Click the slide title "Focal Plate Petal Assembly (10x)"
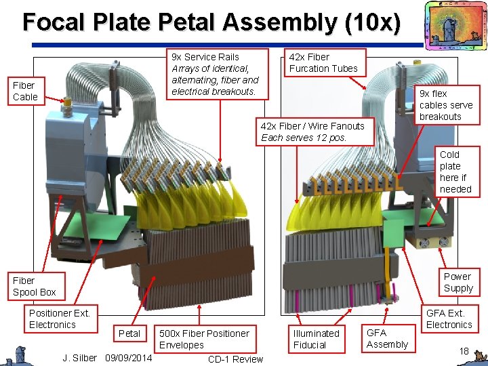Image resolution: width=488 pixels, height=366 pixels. point(211,22)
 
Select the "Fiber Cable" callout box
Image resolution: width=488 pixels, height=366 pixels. point(25,91)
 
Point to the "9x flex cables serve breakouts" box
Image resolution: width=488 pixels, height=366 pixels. point(445,105)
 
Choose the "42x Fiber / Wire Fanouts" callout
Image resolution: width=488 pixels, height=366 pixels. point(313,131)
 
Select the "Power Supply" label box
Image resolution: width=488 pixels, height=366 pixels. point(457,282)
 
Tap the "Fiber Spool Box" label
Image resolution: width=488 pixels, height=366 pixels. point(35,286)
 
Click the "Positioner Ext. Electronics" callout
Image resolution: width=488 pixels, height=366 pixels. point(60,319)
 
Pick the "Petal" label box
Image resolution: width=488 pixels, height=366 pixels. point(129,333)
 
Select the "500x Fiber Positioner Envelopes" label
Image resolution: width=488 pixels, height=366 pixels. point(204,339)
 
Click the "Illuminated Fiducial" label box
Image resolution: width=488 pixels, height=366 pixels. point(316,339)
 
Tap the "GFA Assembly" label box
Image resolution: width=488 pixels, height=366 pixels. point(387,338)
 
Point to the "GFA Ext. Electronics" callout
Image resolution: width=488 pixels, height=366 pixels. point(449,319)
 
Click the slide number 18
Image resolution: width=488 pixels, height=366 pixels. point(464,350)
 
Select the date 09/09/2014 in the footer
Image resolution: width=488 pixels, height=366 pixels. point(129,357)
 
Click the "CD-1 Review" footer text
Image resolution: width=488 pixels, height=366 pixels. point(235,359)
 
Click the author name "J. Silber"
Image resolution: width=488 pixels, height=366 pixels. point(79,357)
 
